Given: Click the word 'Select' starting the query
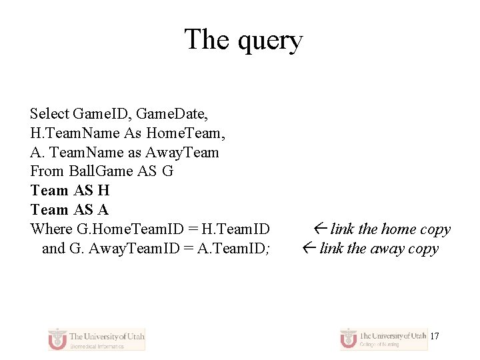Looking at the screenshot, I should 50,113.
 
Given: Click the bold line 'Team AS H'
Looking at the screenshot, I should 70,191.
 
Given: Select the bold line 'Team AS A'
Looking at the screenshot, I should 69,210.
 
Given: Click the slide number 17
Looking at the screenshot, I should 434,336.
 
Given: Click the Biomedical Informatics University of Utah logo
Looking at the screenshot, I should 96,339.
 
